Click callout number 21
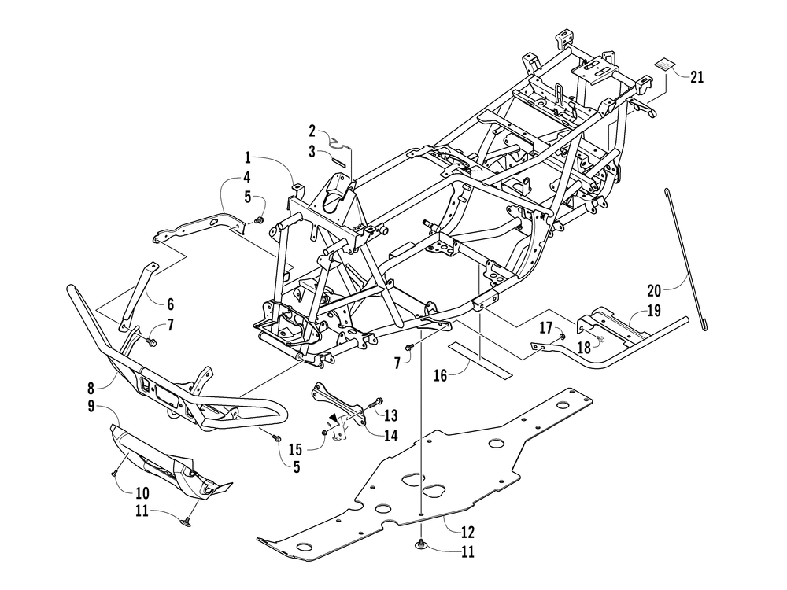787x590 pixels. click(x=697, y=77)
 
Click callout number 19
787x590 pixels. click(x=653, y=311)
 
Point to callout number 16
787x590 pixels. click(x=441, y=376)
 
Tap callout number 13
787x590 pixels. click(x=391, y=415)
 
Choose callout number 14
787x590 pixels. click(x=391, y=435)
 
